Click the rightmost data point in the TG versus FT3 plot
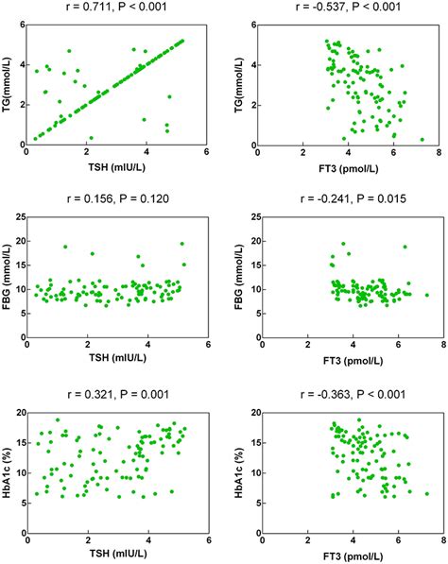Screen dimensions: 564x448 tap(422, 140)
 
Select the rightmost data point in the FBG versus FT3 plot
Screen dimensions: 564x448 tap(427, 295)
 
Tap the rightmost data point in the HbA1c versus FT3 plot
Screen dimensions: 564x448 tap(427, 493)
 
